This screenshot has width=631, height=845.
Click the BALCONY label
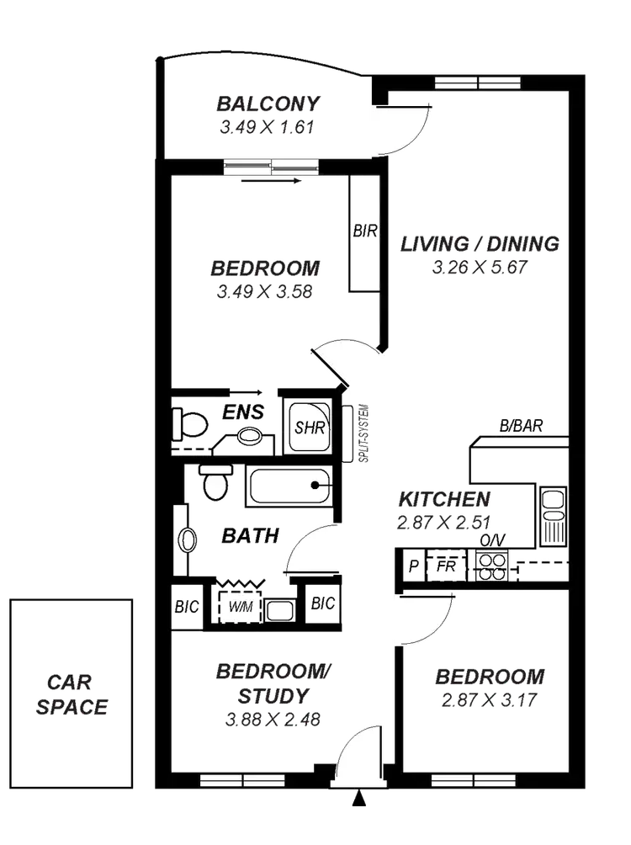(268, 104)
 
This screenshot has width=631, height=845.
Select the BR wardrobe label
(365, 233)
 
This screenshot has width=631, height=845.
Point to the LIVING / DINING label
(479, 245)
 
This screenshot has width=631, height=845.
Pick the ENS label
(244, 412)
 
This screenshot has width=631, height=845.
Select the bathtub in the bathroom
(289, 486)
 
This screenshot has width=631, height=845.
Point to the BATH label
(250, 535)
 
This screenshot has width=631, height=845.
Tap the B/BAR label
(522, 427)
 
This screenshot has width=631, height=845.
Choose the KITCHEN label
(443, 498)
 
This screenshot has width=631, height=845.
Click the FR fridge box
(445, 565)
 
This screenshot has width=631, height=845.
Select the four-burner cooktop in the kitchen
(490, 566)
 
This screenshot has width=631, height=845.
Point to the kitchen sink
(553, 514)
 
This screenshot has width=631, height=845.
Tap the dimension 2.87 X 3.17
(489, 699)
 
